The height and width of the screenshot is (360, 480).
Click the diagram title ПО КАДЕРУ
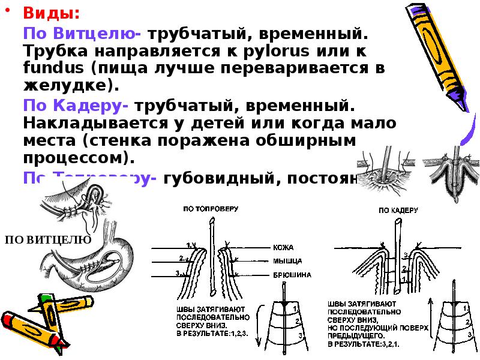pos(398,211)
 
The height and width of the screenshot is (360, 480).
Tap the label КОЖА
pos(283,247)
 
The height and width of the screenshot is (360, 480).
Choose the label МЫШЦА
pos(286,261)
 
